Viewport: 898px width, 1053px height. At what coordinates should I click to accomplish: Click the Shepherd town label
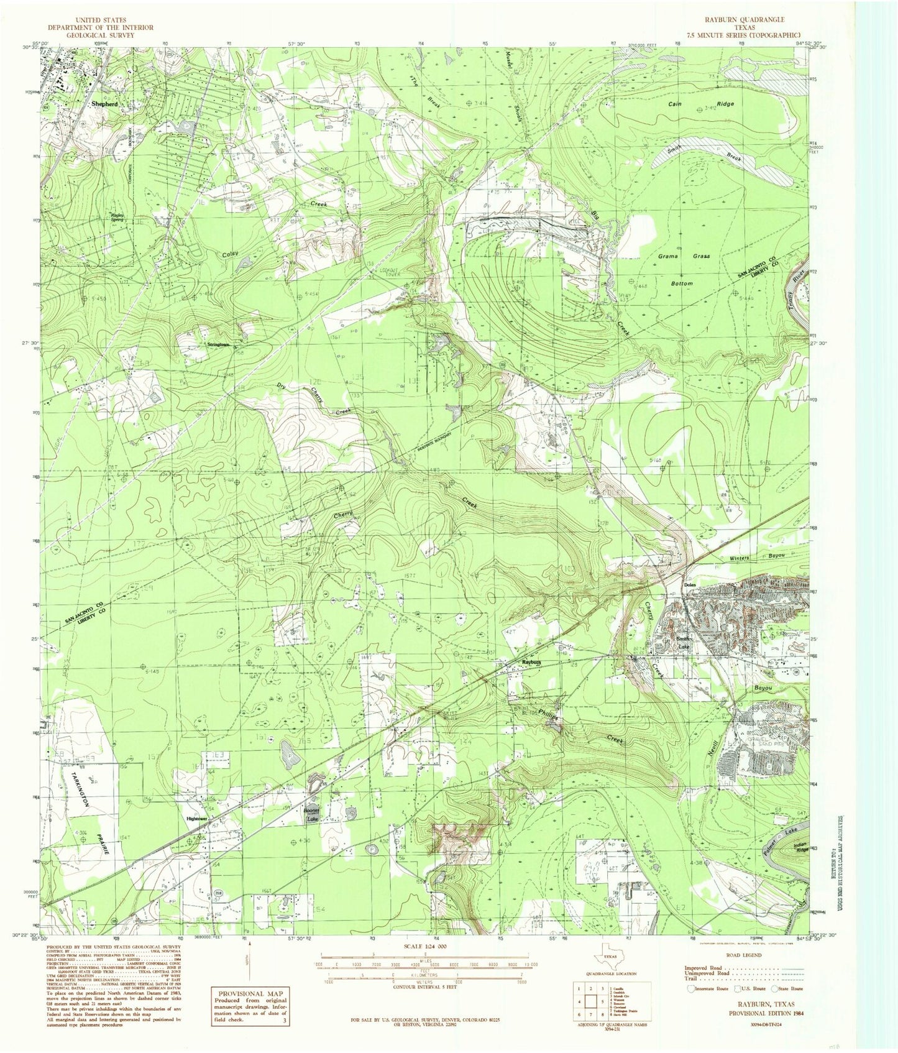(104, 104)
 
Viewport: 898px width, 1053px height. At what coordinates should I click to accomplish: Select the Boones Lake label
(311, 815)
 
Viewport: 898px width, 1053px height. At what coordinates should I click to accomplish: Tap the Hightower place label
(197, 819)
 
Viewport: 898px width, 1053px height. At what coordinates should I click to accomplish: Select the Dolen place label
(689, 585)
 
